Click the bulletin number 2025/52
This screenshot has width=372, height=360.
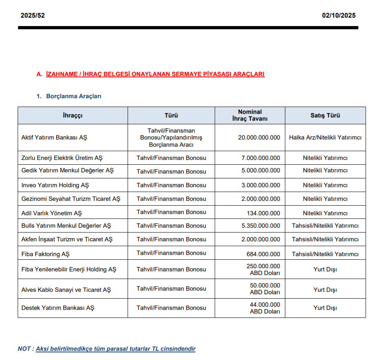point(33,16)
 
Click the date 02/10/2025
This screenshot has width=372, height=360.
point(339,16)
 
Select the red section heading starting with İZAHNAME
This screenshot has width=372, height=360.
point(155,74)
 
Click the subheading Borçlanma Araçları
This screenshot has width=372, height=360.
point(73,96)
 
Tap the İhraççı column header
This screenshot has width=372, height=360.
point(73,115)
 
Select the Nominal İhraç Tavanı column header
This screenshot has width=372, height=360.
point(250,115)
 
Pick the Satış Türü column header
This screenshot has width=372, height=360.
point(325,115)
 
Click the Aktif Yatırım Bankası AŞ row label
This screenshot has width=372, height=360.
point(54,138)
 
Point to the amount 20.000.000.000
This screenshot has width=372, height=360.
point(259,138)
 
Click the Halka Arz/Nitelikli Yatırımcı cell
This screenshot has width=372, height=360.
point(325,138)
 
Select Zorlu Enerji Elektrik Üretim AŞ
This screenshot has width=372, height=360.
point(62,158)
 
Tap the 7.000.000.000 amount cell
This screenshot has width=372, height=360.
point(261,158)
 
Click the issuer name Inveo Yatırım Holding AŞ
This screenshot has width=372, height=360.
point(55,185)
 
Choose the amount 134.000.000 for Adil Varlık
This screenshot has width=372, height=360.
point(263,213)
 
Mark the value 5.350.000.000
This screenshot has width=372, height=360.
point(261,226)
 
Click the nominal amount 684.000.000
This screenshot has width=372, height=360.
point(263,254)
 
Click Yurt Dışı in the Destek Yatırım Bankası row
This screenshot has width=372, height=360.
point(325,308)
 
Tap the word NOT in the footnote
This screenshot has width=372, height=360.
point(24,349)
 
